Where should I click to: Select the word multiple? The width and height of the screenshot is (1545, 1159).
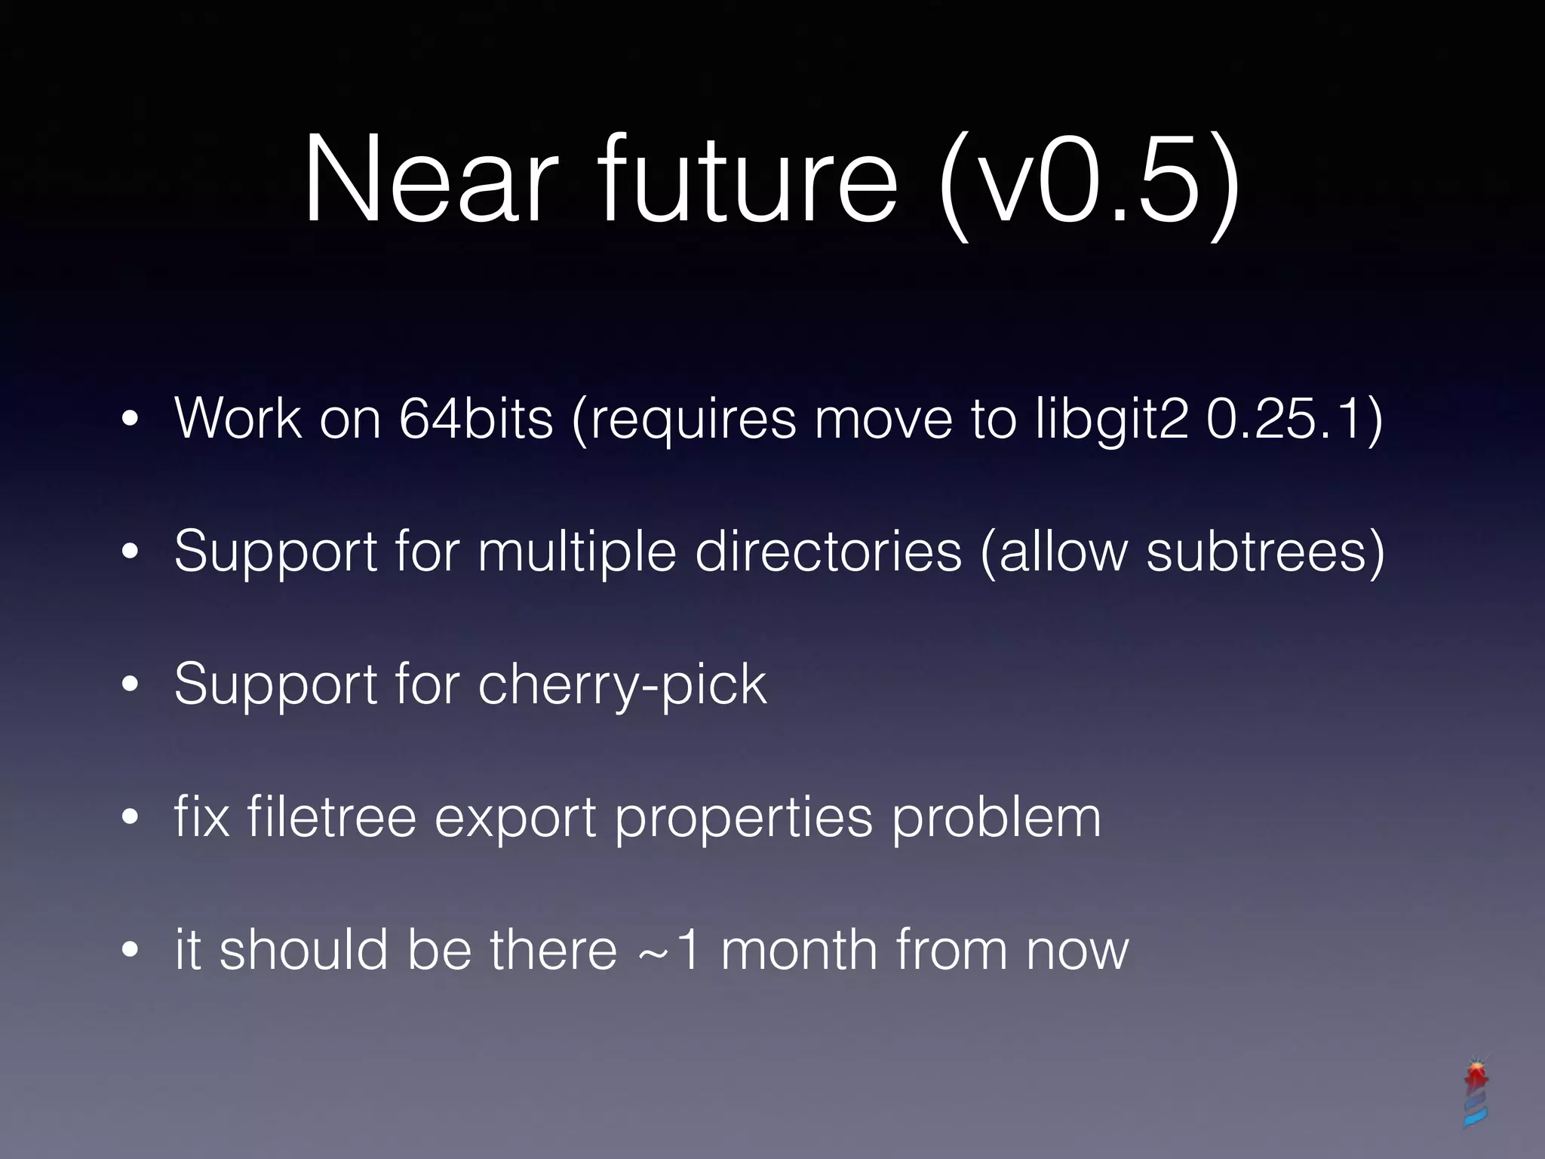(x=577, y=552)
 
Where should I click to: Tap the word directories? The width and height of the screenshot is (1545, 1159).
(x=828, y=552)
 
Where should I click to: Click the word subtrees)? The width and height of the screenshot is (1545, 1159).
(x=1266, y=552)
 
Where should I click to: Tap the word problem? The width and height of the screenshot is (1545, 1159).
(x=996, y=817)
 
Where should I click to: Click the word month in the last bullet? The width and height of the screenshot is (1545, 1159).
(x=799, y=949)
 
